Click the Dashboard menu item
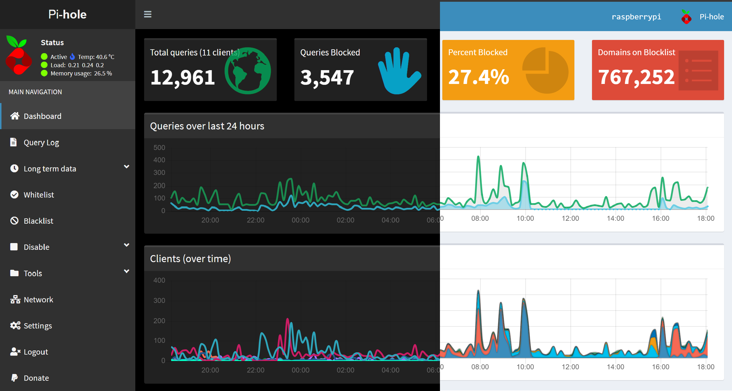click(42, 116)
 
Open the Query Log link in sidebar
click(41, 143)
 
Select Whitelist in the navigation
click(39, 195)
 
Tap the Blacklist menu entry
click(38, 221)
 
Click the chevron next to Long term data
click(127, 167)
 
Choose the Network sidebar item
click(38, 300)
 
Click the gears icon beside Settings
click(15, 326)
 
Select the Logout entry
click(36, 352)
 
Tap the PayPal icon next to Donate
click(14, 378)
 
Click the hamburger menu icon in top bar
click(148, 14)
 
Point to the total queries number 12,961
click(183, 78)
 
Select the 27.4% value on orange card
click(478, 77)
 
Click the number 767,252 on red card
click(636, 77)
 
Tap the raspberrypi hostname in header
click(636, 17)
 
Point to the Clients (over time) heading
click(190, 259)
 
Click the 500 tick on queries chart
click(159, 148)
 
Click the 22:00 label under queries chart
click(255, 220)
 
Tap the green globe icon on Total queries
click(248, 71)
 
